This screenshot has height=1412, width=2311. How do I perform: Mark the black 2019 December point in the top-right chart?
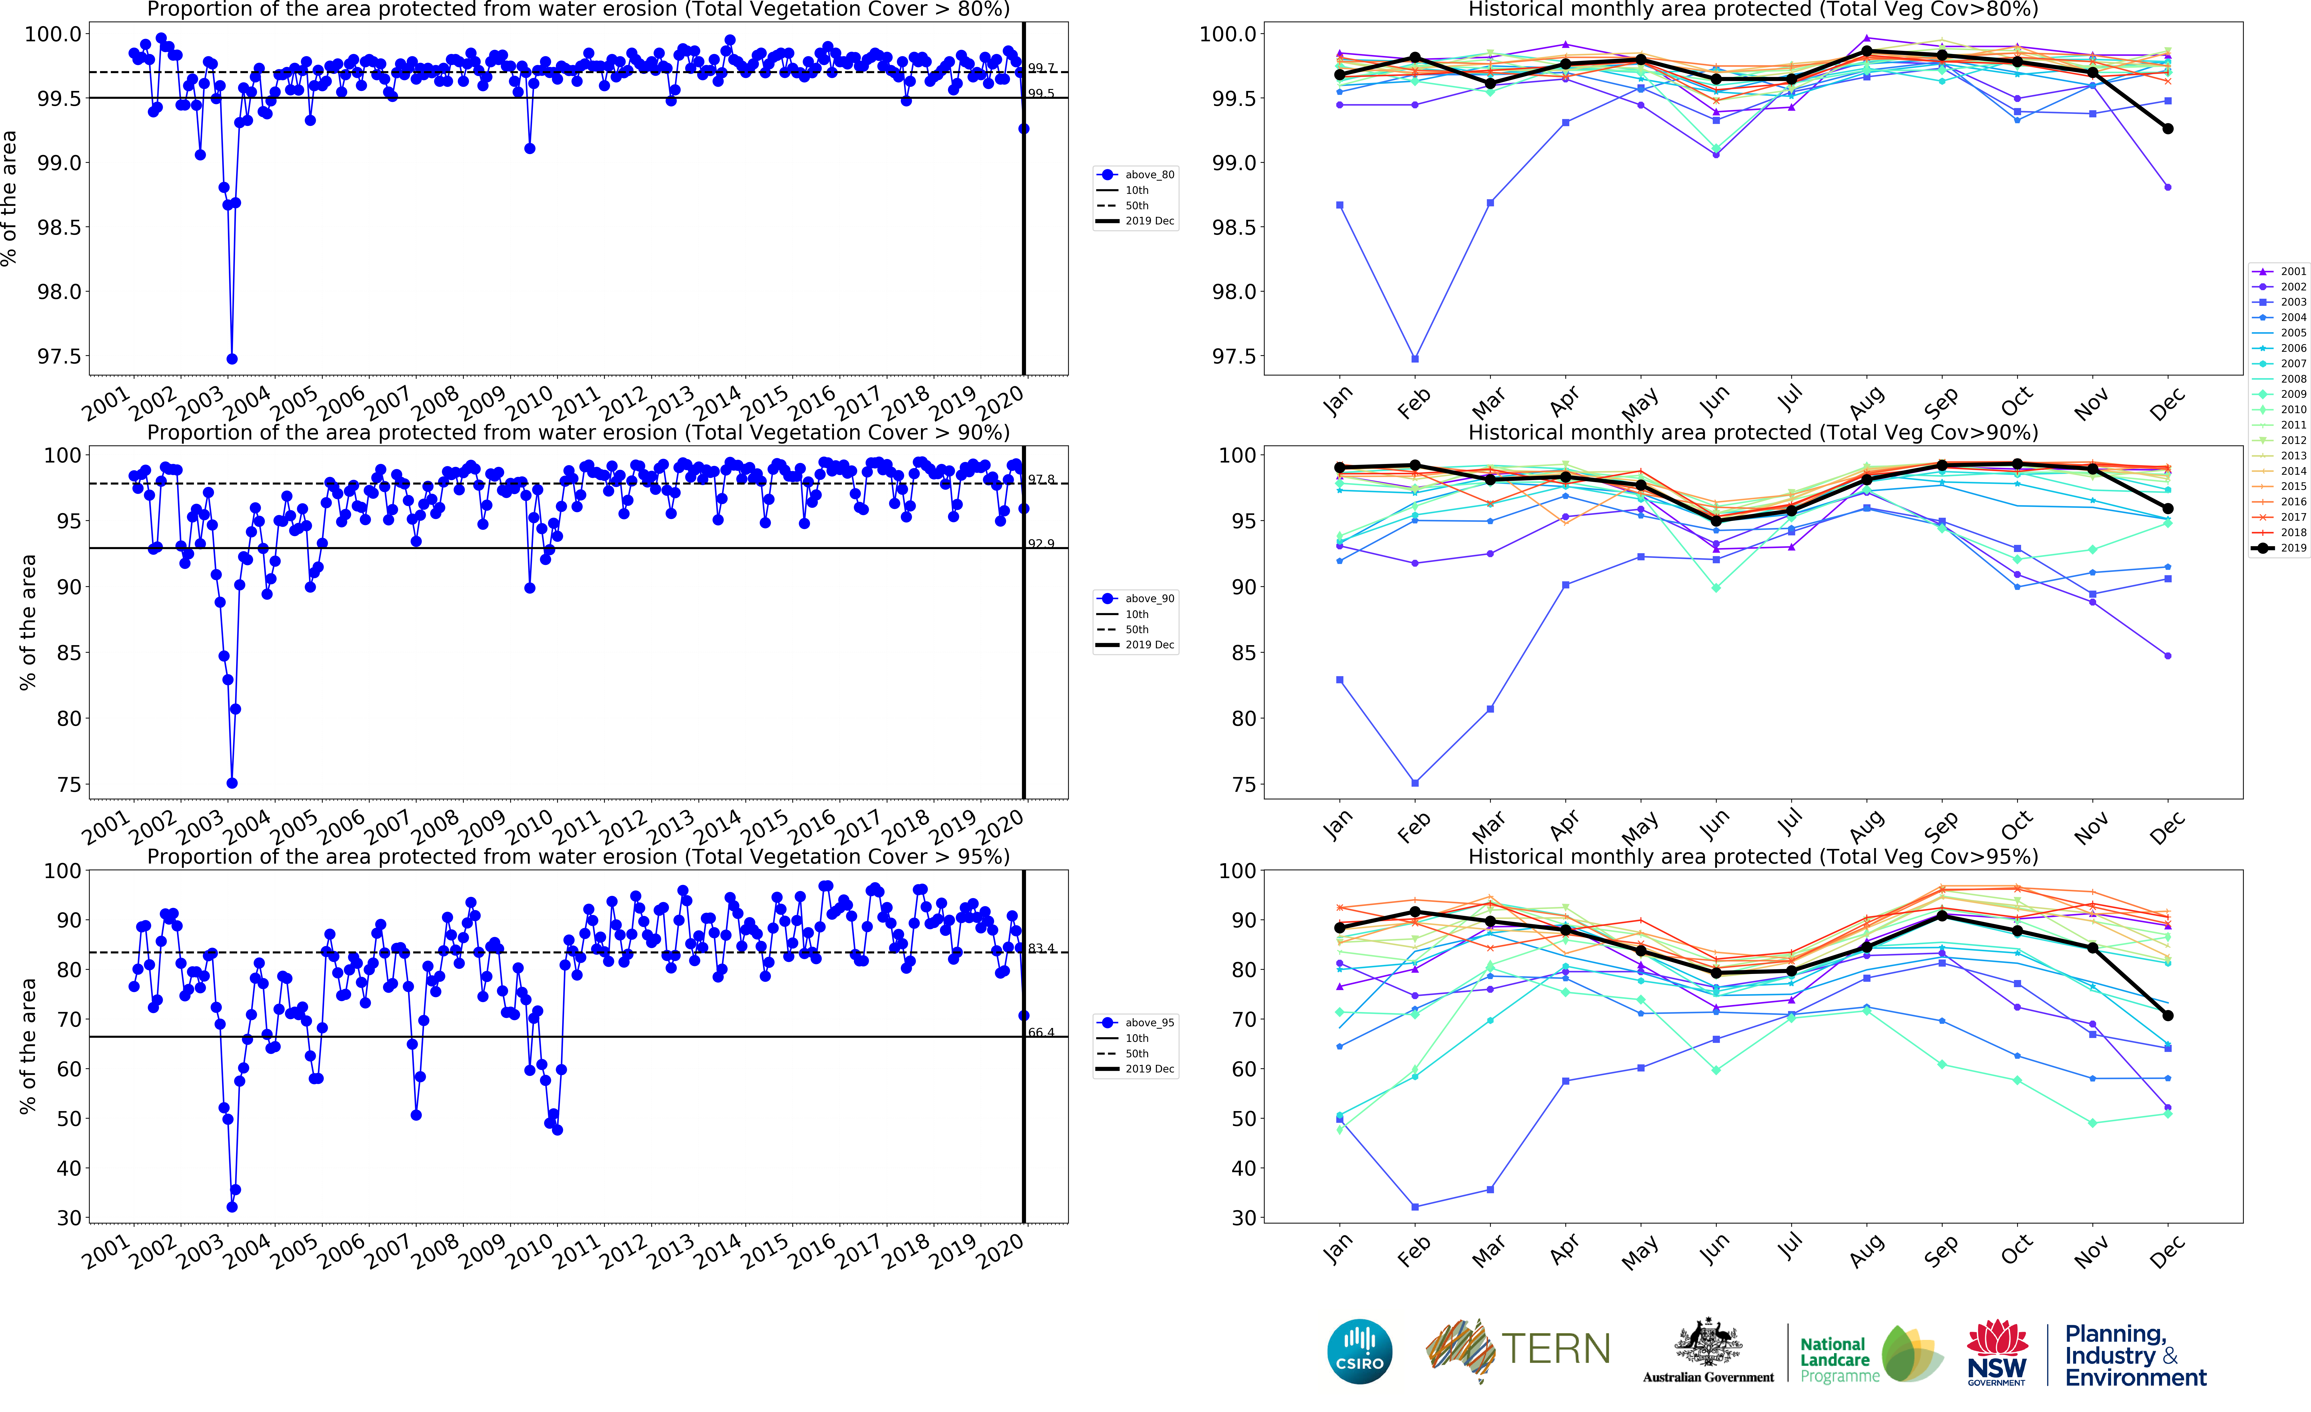point(2167,128)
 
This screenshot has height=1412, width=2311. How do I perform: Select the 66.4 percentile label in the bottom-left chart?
point(1041,1032)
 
